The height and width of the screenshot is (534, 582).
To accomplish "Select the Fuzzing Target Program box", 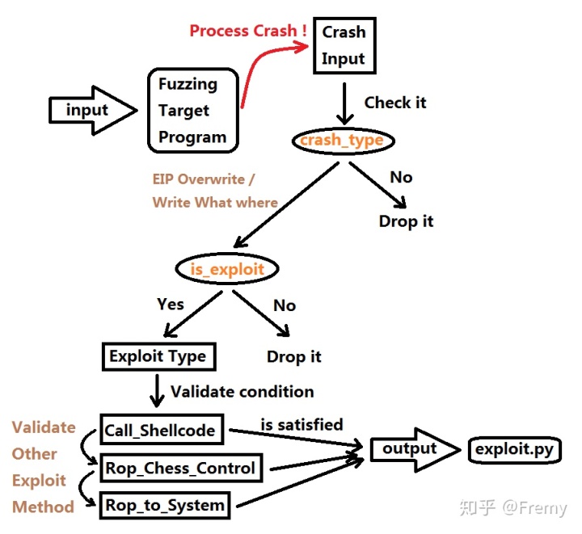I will pyautogui.click(x=193, y=111).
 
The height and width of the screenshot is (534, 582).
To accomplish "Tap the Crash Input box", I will pyautogui.click(x=344, y=46).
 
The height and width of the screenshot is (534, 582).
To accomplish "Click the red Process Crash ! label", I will pyautogui.click(x=248, y=31).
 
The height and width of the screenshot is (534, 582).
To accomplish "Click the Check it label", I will pyautogui.click(x=395, y=103).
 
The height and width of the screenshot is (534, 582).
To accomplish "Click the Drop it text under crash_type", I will pyautogui.click(x=406, y=221).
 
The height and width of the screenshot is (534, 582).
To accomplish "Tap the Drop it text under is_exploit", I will pyautogui.click(x=294, y=356).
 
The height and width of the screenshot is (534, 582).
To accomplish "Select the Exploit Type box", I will pyautogui.click(x=158, y=356).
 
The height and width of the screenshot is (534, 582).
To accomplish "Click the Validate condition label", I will pyautogui.click(x=242, y=392).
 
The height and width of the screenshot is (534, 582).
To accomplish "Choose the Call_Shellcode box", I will pyautogui.click(x=160, y=431).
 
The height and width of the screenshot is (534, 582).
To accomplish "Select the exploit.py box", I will pyautogui.click(x=514, y=449).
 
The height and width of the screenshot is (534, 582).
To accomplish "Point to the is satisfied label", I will pyautogui.click(x=302, y=424).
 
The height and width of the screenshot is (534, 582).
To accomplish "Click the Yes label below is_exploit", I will pyautogui.click(x=171, y=305).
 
